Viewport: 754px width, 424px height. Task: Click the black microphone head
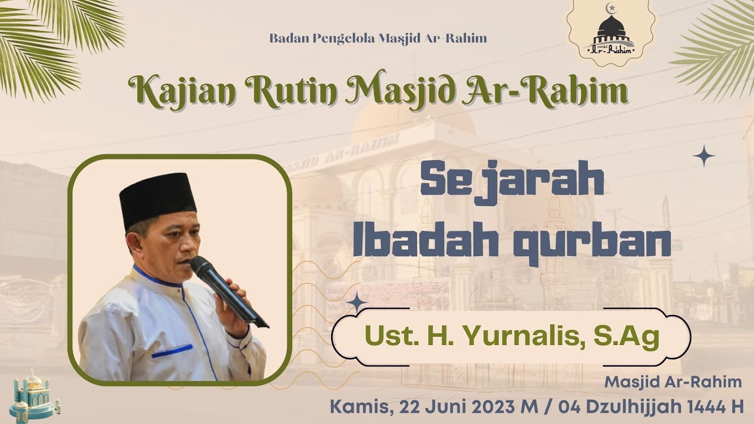(204, 269)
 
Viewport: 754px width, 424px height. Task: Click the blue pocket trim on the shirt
(171, 352)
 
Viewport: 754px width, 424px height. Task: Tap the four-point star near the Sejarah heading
(703, 156)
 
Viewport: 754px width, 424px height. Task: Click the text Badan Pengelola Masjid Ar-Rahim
(378, 39)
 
